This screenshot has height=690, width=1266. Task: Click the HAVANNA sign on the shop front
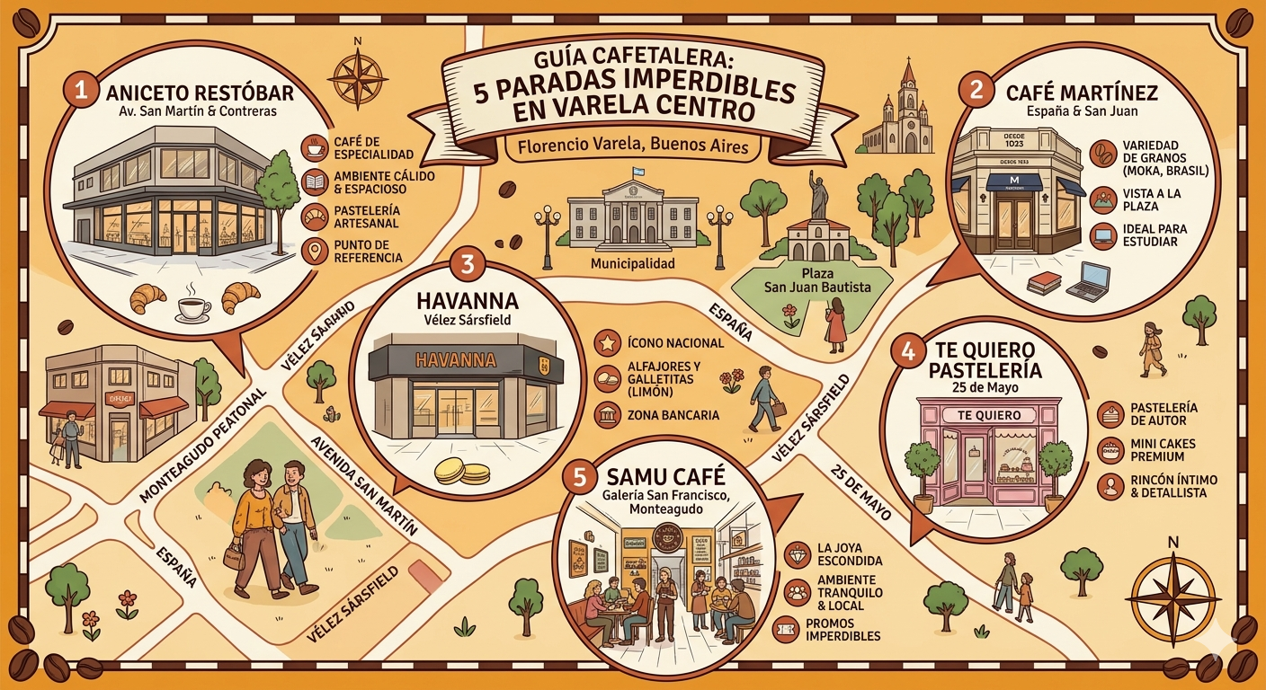click(x=457, y=360)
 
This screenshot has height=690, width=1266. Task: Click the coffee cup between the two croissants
click(x=194, y=307)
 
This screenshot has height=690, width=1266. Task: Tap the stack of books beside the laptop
click(x=1044, y=283)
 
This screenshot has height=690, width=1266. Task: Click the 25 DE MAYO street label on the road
click(x=862, y=493)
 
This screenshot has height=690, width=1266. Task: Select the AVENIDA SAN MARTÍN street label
click(x=363, y=486)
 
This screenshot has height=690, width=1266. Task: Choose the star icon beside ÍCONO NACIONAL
click(x=607, y=342)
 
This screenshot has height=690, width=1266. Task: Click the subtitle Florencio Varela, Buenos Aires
click(x=627, y=146)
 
